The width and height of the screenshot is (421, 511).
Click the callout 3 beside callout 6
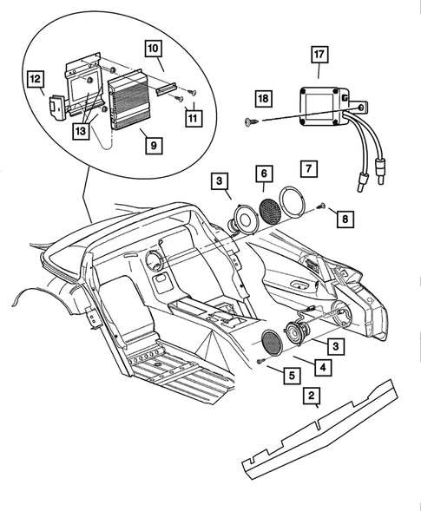(219, 181)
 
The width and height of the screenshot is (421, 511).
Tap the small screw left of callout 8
(320, 206)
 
